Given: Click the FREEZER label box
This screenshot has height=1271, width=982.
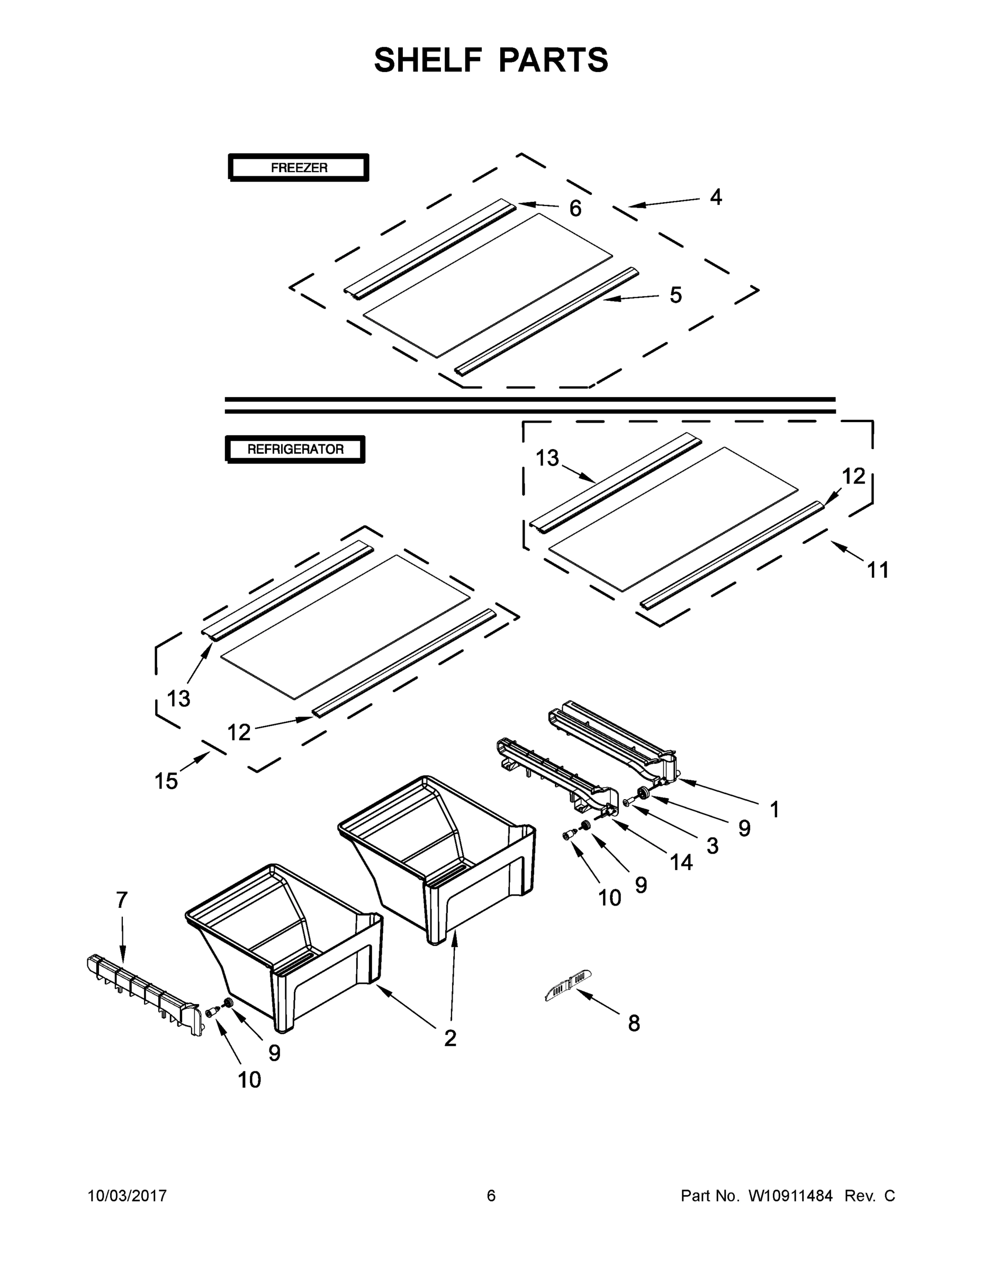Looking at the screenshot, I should tap(299, 167).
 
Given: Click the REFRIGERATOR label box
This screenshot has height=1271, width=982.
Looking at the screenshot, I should tap(295, 449).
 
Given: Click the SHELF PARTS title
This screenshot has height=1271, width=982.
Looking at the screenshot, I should tap(491, 60).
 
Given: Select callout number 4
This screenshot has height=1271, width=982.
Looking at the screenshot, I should tap(716, 198).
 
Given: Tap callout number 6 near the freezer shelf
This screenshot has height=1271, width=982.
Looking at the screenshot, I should tap(575, 208).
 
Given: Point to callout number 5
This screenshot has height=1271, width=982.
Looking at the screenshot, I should tap(675, 295).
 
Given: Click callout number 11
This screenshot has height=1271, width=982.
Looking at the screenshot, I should tap(878, 570).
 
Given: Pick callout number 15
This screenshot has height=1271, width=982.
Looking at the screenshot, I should tap(166, 781).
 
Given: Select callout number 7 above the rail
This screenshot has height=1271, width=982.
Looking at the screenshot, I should tap(121, 900).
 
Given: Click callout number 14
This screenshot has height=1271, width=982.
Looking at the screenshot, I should tap(681, 862).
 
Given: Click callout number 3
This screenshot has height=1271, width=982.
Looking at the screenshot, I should tap(712, 846).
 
